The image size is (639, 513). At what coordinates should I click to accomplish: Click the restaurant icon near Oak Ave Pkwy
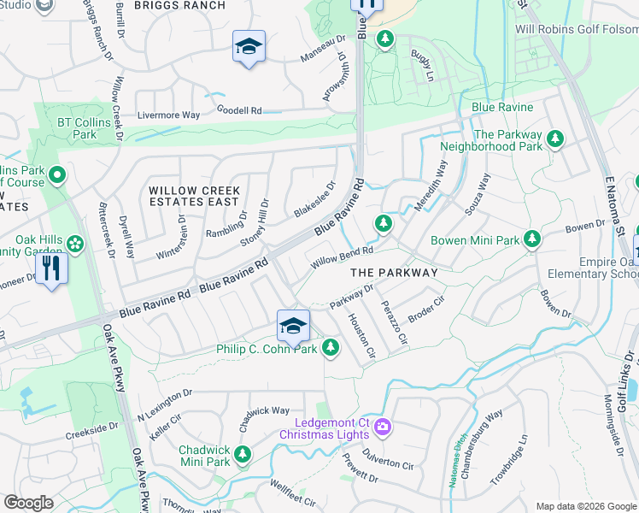(x=51, y=269)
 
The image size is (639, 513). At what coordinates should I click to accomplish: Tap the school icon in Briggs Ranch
(x=249, y=47)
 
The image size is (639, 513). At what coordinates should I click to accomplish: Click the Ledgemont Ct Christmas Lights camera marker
(x=383, y=426)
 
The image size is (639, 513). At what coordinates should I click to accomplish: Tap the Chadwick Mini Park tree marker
(x=243, y=453)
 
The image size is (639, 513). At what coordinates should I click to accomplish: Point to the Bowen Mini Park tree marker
(x=532, y=239)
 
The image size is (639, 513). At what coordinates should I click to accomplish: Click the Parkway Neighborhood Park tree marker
(x=555, y=139)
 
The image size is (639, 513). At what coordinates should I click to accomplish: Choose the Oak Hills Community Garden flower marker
(x=75, y=245)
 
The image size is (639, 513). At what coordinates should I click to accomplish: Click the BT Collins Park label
(x=84, y=128)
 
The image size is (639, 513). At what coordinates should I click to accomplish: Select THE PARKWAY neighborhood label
(x=394, y=272)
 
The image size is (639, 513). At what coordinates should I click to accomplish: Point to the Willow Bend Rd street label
(x=342, y=256)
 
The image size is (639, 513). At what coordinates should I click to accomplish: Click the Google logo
(x=28, y=503)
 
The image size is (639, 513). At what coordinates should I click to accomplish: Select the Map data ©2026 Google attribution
(x=586, y=506)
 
